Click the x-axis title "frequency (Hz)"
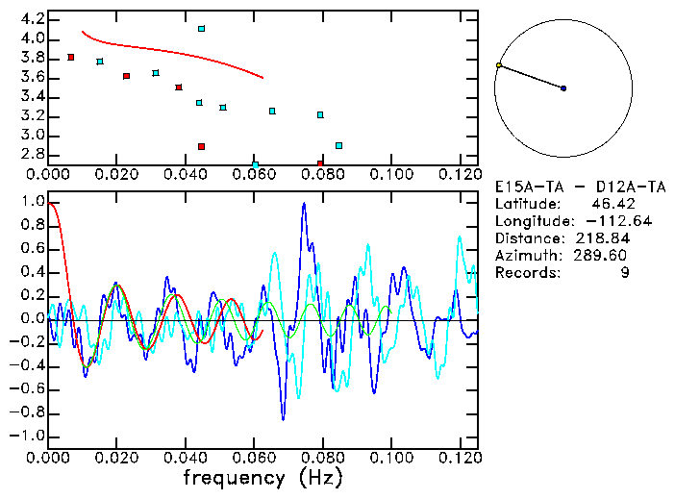point(262,477)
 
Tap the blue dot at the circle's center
point(563,88)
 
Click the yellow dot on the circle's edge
point(498,65)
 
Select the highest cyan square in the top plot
point(201,29)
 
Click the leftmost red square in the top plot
point(71,58)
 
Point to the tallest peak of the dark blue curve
point(304,204)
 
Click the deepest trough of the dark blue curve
point(283,419)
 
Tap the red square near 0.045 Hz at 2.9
point(201,146)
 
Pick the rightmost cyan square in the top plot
point(338,145)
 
